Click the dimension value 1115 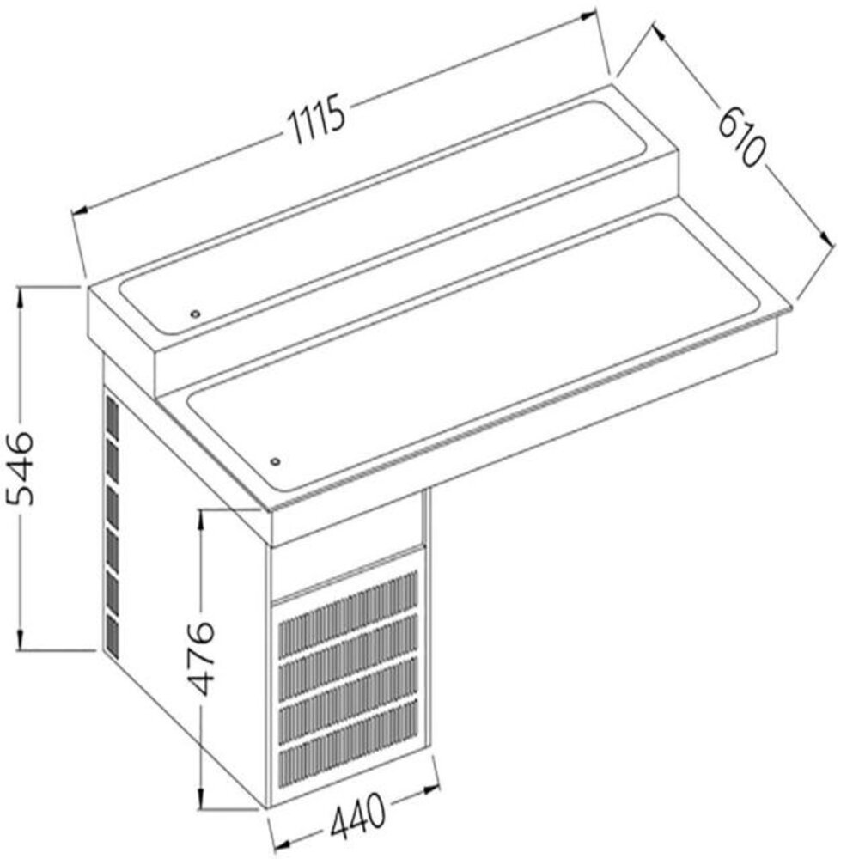317,120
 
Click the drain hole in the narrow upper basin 195,314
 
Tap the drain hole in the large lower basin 276,462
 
